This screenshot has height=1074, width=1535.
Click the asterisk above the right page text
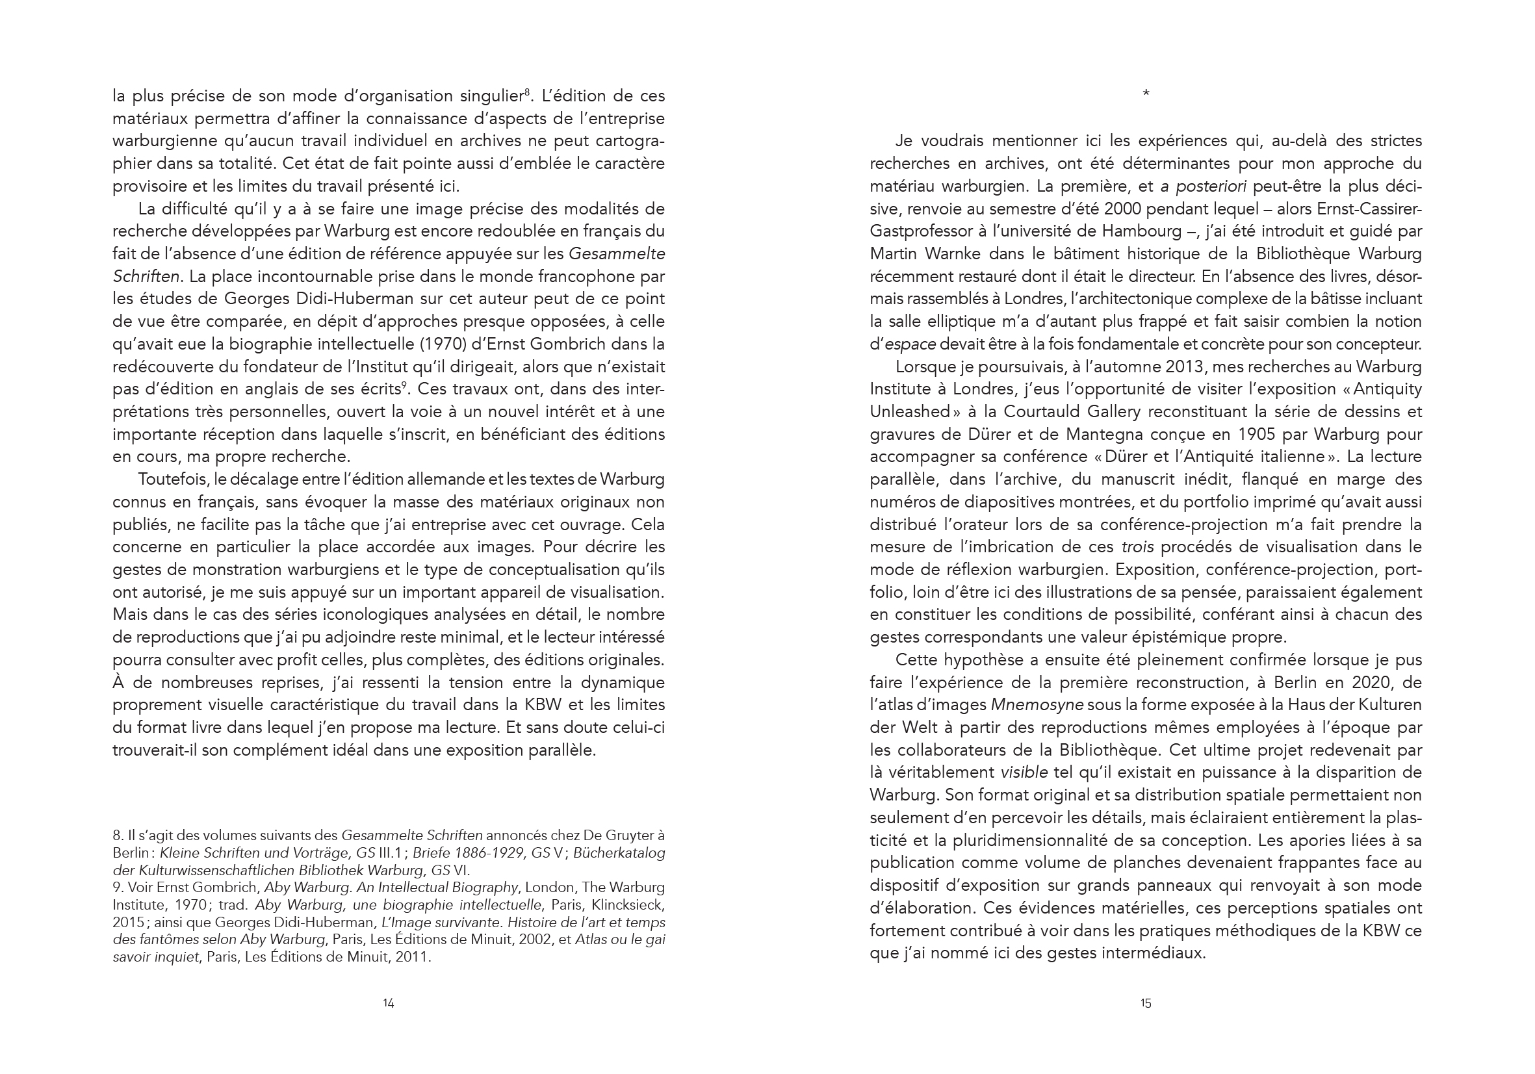click(1146, 94)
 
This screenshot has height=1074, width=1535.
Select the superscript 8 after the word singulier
click(527, 92)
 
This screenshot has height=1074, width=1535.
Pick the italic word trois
click(1138, 547)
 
